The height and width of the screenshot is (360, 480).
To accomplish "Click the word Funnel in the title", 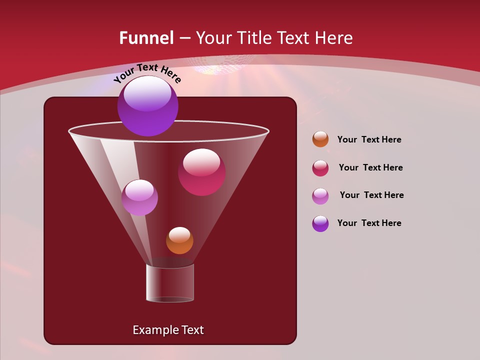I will (146, 38).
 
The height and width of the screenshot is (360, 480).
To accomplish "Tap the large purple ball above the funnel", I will (147, 106).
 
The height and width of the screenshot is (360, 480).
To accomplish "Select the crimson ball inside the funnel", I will (201, 172).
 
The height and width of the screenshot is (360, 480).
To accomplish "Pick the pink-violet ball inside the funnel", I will (139, 197).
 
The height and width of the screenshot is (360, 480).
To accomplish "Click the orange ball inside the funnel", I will (179, 240).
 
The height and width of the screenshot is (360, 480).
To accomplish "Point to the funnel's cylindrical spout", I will (170, 283).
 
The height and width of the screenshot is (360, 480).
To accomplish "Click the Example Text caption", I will (168, 330).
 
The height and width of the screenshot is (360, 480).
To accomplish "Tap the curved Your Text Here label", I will (147, 73).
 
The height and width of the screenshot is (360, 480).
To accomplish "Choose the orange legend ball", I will (320, 139).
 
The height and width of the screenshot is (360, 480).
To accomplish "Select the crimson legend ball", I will (320, 168).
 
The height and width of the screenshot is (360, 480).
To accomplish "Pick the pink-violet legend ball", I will (320, 196).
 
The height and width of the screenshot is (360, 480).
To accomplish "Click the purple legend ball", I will (320, 223).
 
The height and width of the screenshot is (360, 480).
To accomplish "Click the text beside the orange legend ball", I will (369, 139).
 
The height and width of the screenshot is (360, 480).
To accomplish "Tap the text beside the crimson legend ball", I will (370, 167).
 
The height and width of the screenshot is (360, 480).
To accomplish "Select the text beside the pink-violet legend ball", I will (371, 195).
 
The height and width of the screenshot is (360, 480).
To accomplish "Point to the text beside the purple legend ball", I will (369, 223).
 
